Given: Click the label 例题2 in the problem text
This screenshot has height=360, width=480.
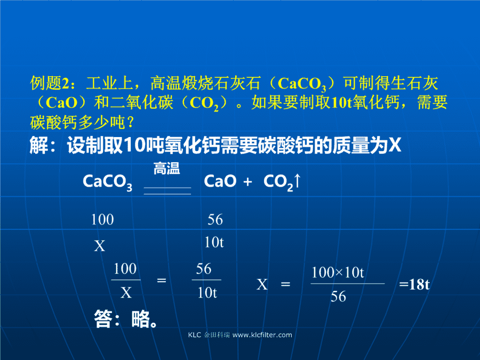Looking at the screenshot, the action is tap(50, 83).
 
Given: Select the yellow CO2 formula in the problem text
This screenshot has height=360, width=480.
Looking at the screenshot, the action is tap(204, 103).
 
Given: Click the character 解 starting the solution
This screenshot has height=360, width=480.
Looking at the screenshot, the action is tap(39, 145).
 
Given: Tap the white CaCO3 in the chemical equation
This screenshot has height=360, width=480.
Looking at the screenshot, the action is tap(107, 182).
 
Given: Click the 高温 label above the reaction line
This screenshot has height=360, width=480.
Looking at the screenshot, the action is tap(166, 169).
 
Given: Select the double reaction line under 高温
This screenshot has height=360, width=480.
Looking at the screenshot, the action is tap(167, 191).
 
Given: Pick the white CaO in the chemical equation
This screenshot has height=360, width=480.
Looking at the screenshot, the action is tap(220, 181).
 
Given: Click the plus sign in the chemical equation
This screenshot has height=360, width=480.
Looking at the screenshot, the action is tap(247, 182).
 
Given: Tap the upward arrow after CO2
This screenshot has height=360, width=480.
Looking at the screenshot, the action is tap(297, 181).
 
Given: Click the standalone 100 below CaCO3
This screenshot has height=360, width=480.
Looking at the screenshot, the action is tap(102, 220).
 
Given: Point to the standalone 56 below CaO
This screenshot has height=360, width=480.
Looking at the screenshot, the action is tap(215, 220).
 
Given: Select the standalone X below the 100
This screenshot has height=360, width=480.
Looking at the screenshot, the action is tap(100, 246).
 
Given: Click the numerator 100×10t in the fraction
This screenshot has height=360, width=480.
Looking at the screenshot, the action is tap(338, 272).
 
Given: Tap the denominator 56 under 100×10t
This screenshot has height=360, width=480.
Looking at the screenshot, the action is tap(338, 297).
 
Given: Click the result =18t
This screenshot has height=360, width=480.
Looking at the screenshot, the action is tap(414, 284).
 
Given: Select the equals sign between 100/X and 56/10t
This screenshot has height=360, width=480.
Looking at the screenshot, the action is tap(161, 280).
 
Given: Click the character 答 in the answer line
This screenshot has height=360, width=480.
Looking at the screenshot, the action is tap(103, 319).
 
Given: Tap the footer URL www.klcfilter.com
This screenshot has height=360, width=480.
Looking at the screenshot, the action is tap(262, 335).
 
